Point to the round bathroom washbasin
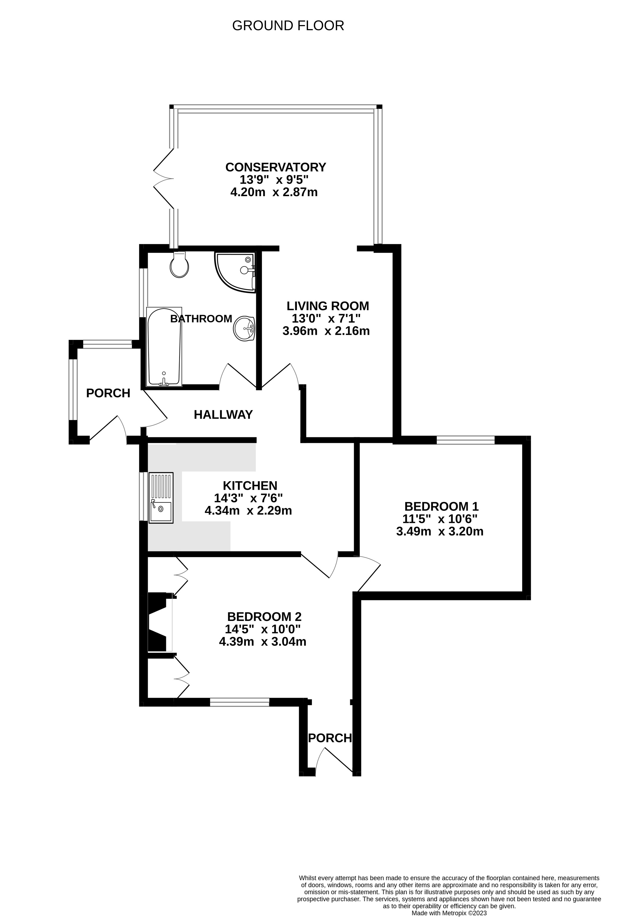244,328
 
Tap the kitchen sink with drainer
161,498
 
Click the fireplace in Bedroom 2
159,622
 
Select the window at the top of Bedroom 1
465,440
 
